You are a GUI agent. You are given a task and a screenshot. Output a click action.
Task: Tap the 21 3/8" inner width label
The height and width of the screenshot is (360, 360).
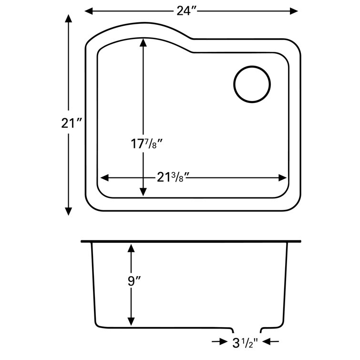pos(174,177)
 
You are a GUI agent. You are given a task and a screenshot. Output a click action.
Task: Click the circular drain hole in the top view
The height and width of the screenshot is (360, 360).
pos(252,84)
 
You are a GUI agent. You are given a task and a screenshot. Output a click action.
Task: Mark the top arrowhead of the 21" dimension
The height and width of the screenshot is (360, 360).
pos(69,19)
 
